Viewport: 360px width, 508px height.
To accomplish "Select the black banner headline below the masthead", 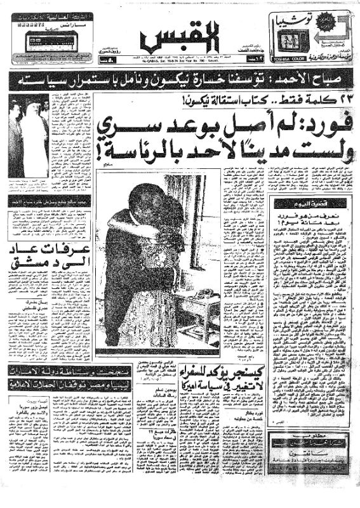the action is (180, 81).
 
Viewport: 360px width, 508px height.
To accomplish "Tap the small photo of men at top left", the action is (29, 136).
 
